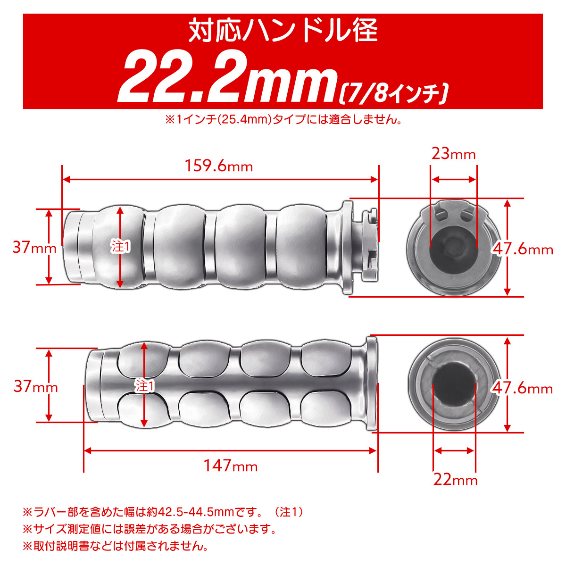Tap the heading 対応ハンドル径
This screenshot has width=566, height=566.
pos(283,31)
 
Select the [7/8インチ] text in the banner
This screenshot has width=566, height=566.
pos(393,93)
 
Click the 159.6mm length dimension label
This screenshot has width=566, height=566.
pos(219,166)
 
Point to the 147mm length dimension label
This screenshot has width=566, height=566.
pos(231,466)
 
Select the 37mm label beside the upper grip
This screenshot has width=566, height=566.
pos(34,247)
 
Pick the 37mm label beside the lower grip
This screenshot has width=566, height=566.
pos(35,386)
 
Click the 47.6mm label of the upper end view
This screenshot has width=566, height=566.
pos(523,249)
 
